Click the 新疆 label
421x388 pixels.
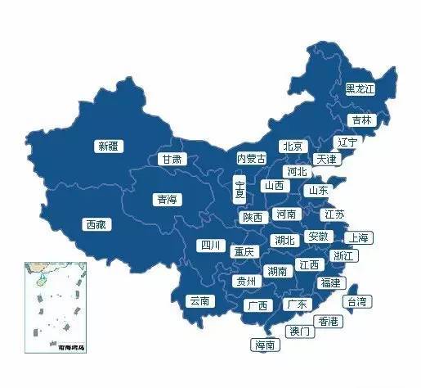point(108,147)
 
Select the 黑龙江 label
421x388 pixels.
point(360,88)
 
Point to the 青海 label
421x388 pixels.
point(167,198)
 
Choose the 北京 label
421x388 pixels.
point(292,146)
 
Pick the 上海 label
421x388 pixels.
point(358,237)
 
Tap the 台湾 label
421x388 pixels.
point(359,301)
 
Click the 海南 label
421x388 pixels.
point(266,345)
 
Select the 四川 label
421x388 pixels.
point(210,245)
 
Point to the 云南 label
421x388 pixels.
point(199,301)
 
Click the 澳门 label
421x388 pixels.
point(299,332)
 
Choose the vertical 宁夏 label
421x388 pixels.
point(240,189)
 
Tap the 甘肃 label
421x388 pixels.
point(172,159)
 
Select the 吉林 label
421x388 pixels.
point(361,120)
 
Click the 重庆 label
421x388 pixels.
point(244,251)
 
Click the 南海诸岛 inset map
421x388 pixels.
point(56,305)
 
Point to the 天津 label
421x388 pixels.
point(327,159)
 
